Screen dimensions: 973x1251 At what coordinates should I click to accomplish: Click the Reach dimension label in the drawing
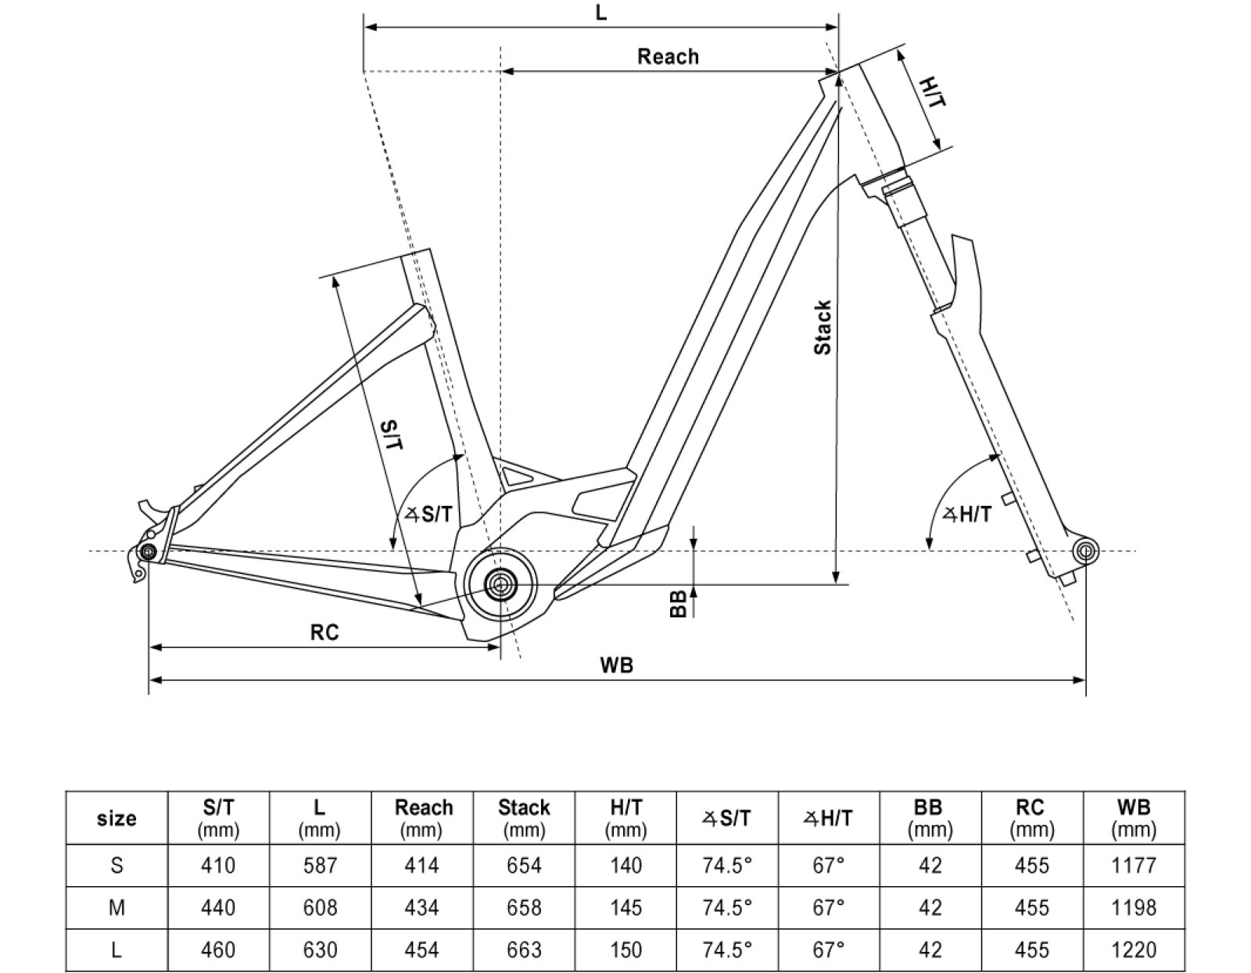tap(668, 56)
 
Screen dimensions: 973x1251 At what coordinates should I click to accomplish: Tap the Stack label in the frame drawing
tap(823, 328)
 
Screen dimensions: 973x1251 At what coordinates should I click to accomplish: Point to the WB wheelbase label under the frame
tap(616, 666)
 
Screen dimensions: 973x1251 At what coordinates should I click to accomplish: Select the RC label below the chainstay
tap(324, 632)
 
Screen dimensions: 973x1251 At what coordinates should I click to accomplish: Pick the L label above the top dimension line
tap(600, 13)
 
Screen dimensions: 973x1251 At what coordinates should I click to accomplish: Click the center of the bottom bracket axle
tap(499, 583)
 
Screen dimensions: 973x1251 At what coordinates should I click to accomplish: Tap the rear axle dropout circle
tap(147, 552)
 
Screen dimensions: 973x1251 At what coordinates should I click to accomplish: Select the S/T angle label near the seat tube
tap(428, 514)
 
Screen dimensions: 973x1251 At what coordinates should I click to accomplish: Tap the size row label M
tap(116, 907)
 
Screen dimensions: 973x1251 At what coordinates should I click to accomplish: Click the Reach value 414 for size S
tap(422, 866)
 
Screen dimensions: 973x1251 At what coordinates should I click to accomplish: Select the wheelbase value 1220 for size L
tap(1134, 950)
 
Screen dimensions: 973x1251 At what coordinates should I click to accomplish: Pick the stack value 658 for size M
tap(524, 907)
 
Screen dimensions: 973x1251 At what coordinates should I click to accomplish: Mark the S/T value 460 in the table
tap(218, 950)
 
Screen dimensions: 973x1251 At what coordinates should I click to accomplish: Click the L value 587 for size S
tap(320, 866)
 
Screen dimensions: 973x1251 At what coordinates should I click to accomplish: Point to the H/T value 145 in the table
tap(625, 907)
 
